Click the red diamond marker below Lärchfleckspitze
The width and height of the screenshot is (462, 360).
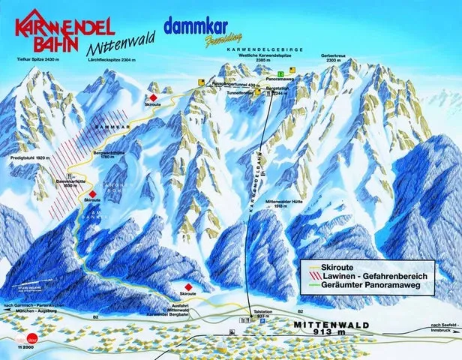(152, 98)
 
